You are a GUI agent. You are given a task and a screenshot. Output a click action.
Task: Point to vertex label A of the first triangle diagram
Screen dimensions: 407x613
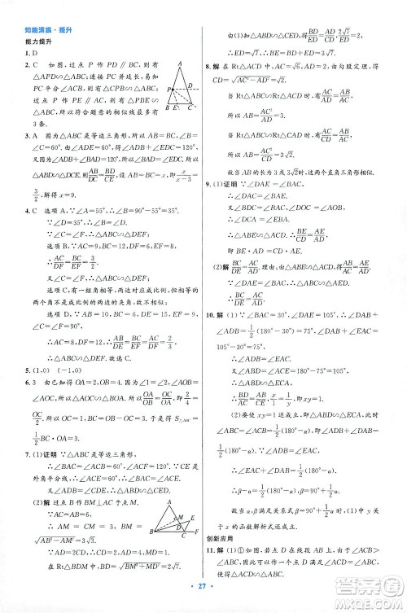coord(178,63)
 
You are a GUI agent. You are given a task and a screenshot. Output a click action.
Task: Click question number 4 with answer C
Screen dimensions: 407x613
coord(28,217)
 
